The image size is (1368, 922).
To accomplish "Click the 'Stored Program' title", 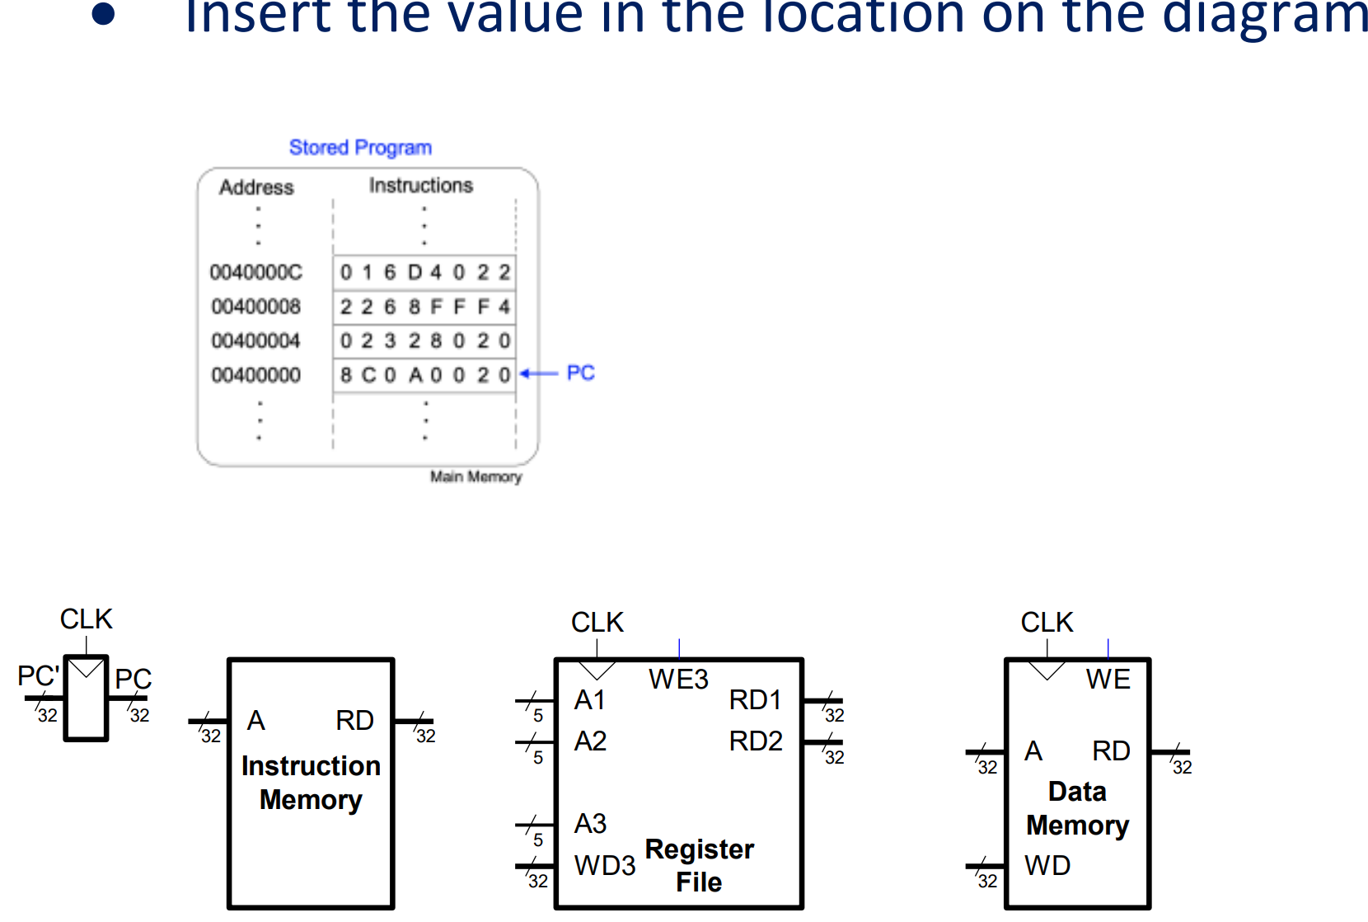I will [360, 148].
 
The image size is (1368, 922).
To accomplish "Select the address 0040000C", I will [255, 272].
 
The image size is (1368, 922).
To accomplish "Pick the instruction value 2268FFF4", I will [424, 307].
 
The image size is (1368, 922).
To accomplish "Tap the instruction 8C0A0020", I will [424, 375].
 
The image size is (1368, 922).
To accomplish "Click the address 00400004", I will [255, 341].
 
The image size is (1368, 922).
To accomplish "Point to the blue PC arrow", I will [540, 374].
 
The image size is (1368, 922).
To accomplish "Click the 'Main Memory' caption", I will [476, 477].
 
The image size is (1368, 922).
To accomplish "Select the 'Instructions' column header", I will [420, 186].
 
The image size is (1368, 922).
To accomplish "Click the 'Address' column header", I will [256, 187].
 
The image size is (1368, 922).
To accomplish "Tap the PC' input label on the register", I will [38, 676].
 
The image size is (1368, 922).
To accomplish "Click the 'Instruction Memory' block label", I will [311, 783].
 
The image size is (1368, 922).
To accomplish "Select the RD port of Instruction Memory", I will [354, 721].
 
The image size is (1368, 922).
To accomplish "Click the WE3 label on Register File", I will [677, 680].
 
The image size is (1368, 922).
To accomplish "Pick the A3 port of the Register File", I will [590, 824].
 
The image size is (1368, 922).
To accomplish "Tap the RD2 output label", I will [755, 741].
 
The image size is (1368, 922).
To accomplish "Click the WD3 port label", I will [604, 866].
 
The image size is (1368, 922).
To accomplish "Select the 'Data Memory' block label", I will [1077, 808].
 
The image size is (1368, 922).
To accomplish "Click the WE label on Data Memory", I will [1108, 680].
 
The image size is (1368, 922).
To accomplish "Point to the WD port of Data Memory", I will [1047, 866].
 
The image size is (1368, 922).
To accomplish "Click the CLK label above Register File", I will [597, 623].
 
